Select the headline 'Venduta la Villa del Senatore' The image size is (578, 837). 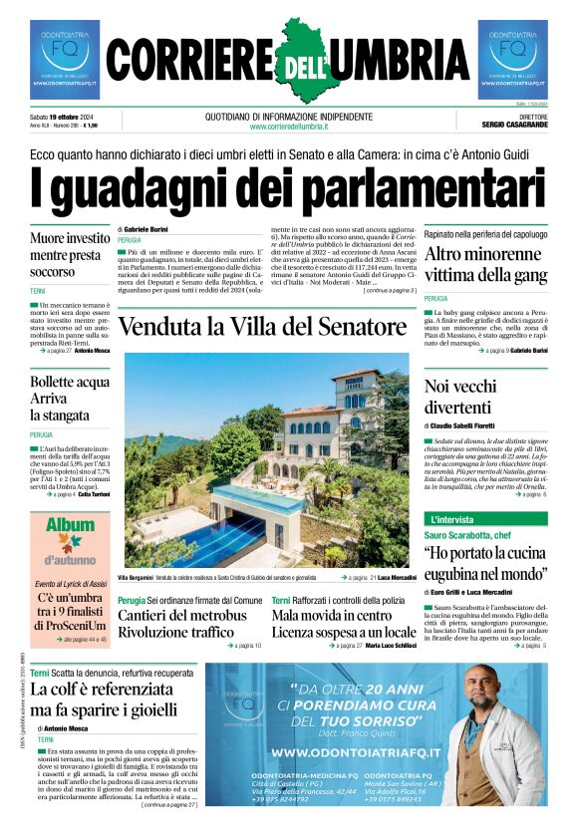pos(261,327)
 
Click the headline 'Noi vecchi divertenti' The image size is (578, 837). pos(469,397)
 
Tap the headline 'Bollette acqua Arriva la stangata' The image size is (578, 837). pos(70,398)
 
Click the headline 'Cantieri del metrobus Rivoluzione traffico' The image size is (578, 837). pos(181,624)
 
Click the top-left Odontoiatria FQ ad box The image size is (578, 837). pos(65,59)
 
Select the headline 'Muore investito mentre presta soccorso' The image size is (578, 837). pos(70,254)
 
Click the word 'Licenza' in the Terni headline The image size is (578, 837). pos(304,632)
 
